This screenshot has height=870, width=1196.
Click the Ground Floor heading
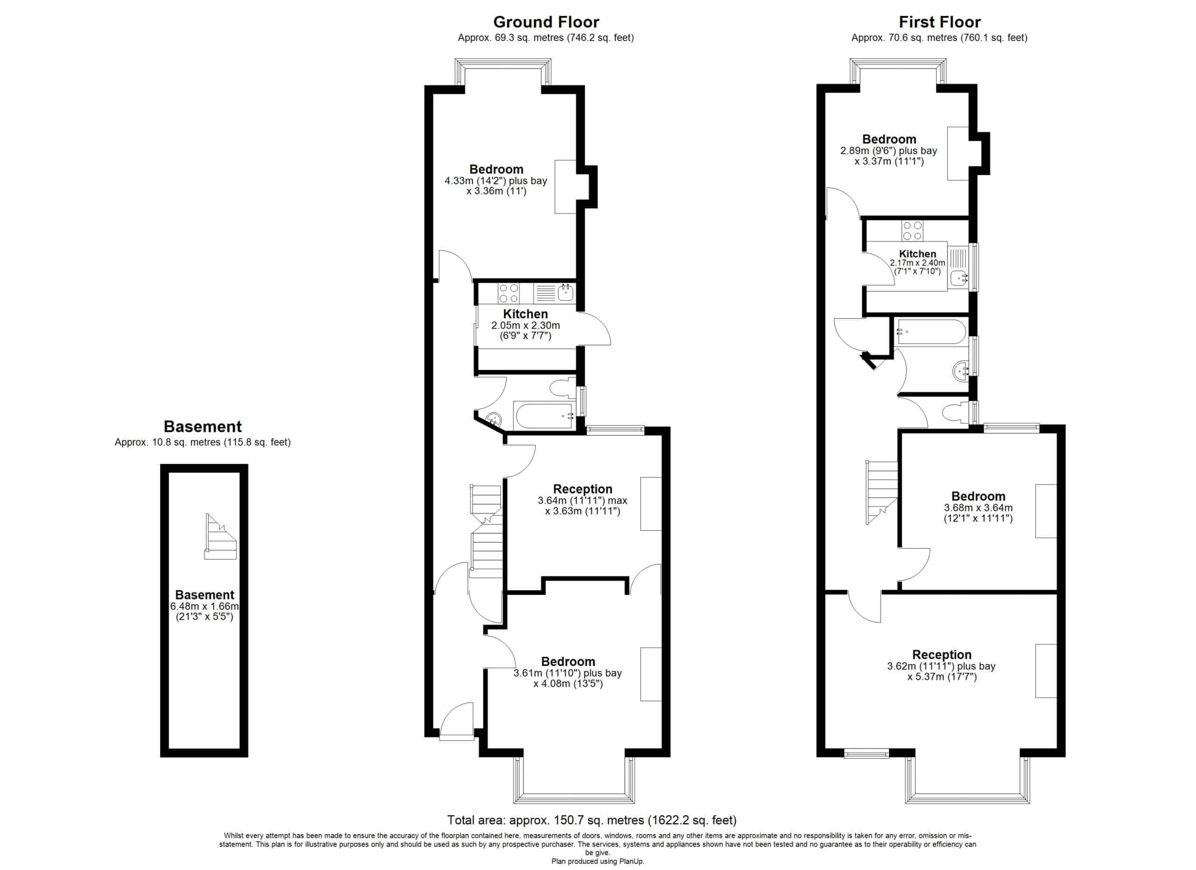546,22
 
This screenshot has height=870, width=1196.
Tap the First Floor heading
939,22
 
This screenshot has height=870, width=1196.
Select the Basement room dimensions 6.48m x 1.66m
205,606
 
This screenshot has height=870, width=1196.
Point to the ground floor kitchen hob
509,293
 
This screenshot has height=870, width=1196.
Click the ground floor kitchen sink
565,292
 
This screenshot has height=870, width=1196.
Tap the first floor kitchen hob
912,230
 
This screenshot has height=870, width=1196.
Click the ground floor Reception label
583,489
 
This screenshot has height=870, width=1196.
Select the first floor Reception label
942,655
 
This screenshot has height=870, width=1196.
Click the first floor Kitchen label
918,254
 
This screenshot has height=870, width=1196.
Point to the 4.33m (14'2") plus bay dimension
496,181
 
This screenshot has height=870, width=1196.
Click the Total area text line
591,820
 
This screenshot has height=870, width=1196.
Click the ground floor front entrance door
456,721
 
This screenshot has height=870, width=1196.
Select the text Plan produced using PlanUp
598,862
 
